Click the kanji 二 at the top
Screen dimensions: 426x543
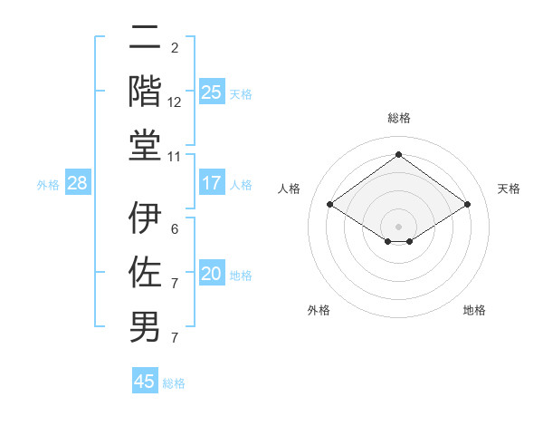click(145, 38)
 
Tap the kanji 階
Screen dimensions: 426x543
click(145, 91)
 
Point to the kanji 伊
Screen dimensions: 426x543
click(145, 218)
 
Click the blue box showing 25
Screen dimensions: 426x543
click(212, 92)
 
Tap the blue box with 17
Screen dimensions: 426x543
click(212, 184)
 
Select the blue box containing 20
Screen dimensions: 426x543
click(212, 275)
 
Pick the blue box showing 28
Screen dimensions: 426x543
click(78, 184)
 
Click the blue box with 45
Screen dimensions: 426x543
click(145, 382)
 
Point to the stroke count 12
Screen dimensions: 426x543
click(175, 102)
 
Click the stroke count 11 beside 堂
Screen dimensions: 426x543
click(175, 157)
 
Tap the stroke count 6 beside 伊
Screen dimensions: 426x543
click(175, 229)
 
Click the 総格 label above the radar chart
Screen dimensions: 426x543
click(398, 118)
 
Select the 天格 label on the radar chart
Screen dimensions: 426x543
click(509, 189)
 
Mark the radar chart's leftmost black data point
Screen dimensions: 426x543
click(330, 205)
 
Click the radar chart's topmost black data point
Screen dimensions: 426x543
click(398, 155)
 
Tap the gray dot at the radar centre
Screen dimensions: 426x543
click(398, 225)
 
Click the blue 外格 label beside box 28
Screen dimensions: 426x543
click(48, 185)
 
